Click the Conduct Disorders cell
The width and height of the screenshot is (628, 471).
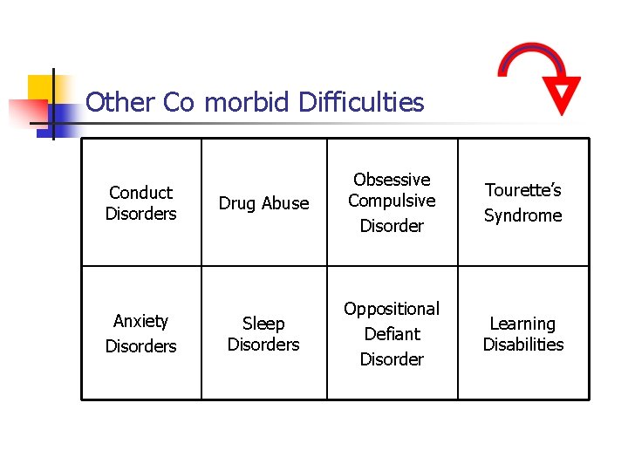pyautogui.click(x=140, y=203)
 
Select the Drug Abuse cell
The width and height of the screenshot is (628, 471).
pyautogui.click(x=263, y=203)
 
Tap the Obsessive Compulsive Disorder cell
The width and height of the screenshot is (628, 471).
pyautogui.click(x=392, y=202)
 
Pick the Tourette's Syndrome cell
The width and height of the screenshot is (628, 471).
pyautogui.click(x=522, y=202)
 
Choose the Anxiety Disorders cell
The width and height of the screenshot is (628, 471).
pyautogui.click(x=140, y=334)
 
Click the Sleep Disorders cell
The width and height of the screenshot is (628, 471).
pyautogui.click(x=263, y=334)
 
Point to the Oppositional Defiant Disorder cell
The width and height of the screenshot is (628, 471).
pyautogui.click(x=392, y=334)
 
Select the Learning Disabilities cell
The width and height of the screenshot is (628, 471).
pyautogui.click(x=522, y=334)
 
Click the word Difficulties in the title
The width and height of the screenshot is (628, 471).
pyautogui.click(x=360, y=103)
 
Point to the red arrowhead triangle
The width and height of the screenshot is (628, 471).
pyautogui.click(x=561, y=94)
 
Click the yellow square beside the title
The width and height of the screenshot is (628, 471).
pyautogui.click(x=42, y=88)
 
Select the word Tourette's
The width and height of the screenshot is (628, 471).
pyautogui.click(x=523, y=190)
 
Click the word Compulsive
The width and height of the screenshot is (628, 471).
pyautogui.click(x=392, y=201)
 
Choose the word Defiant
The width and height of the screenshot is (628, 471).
pyautogui.click(x=392, y=334)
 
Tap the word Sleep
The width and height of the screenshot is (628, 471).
pyautogui.click(x=263, y=324)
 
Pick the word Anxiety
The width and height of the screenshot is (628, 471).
pyautogui.click(x=140, y=322)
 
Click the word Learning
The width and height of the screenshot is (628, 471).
pyautogui.click(x=522, y=324)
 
